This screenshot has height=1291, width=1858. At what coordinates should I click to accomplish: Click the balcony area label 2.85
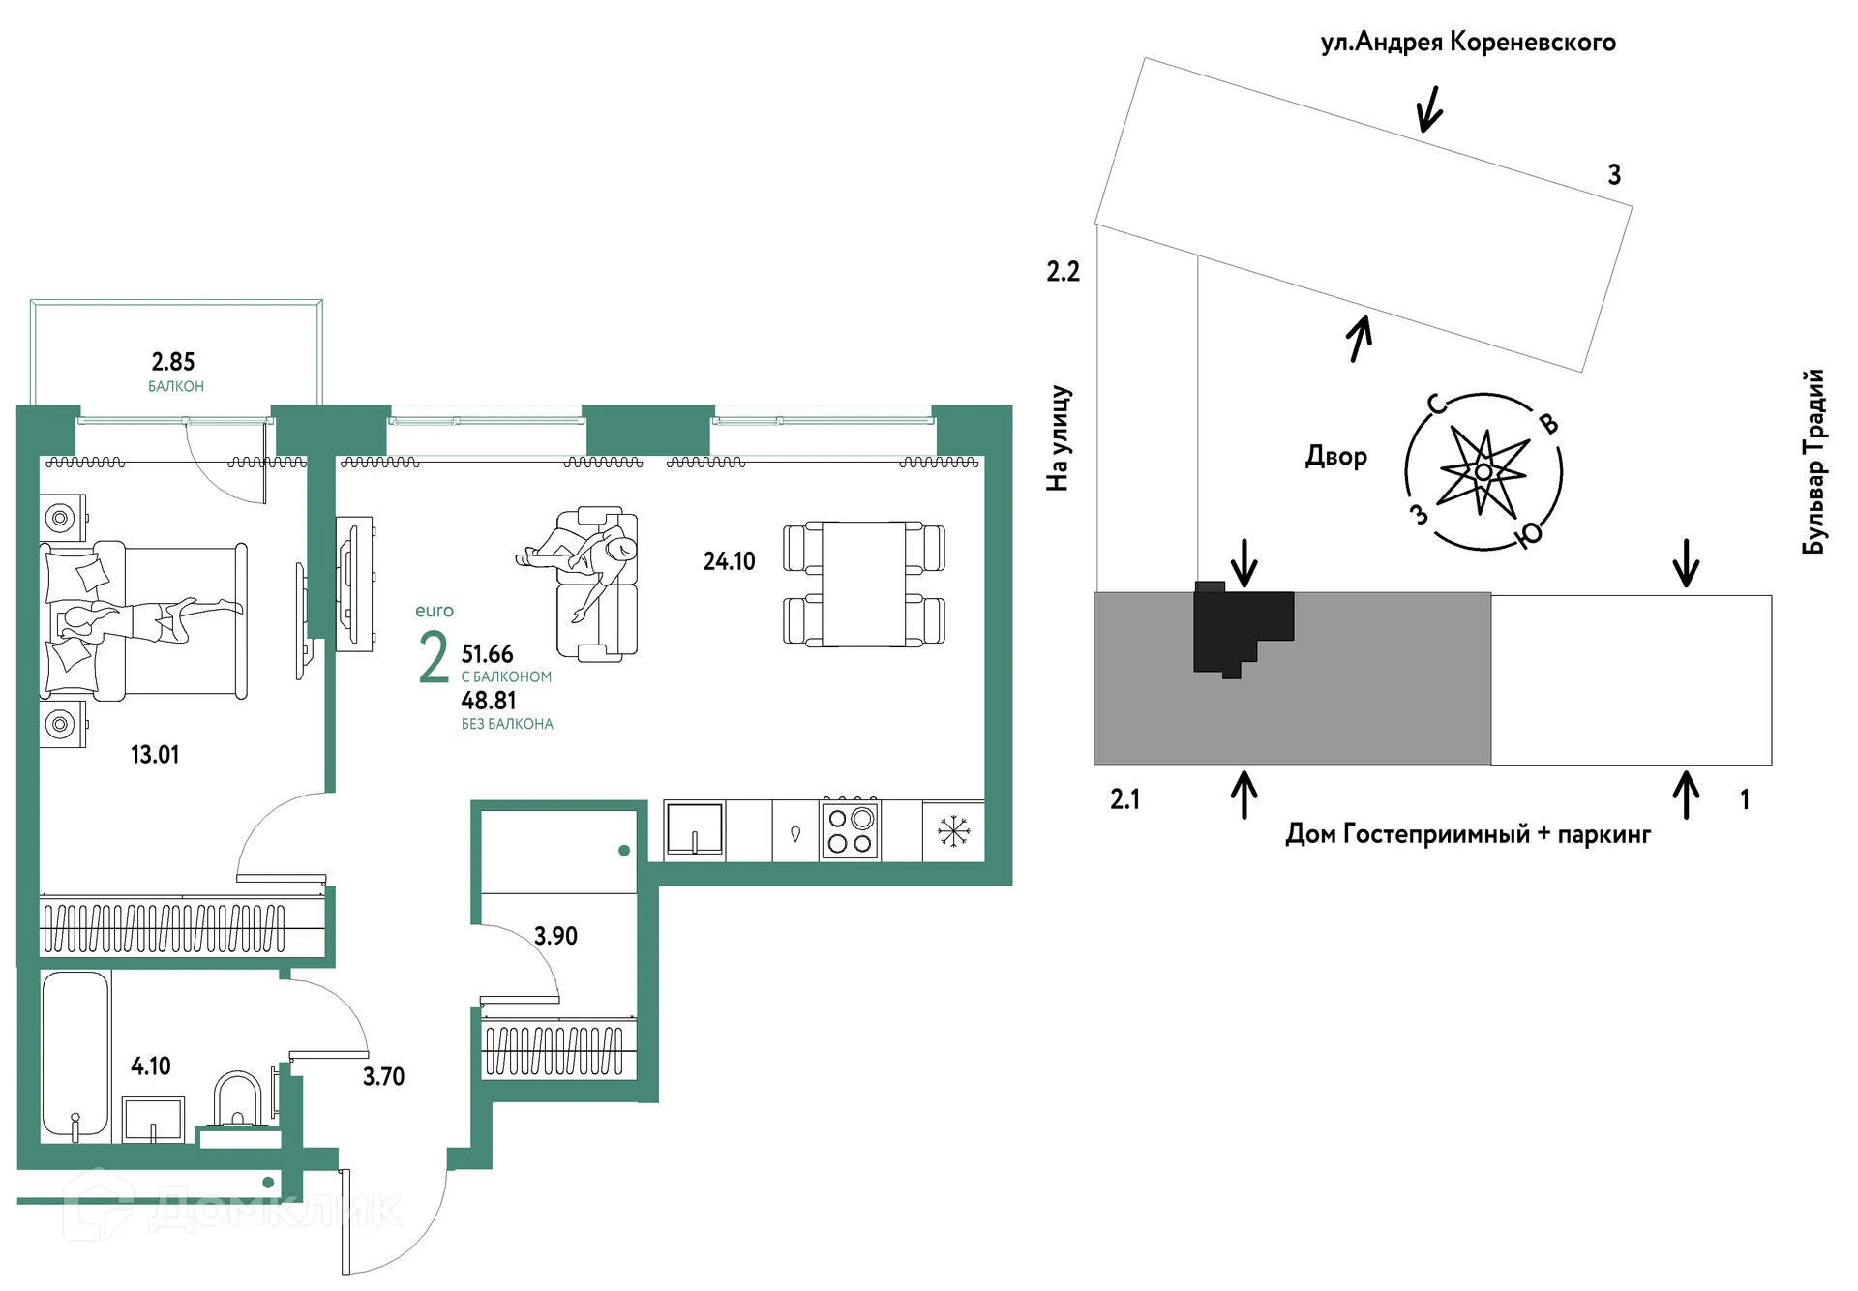point(173,362)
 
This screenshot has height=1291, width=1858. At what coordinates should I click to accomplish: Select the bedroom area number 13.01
point(155,755)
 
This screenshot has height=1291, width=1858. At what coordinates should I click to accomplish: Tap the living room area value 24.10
point(729,561)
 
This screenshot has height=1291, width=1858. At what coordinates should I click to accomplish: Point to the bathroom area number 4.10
point(151,1066)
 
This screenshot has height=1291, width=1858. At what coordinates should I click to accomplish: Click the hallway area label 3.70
point(383,1076)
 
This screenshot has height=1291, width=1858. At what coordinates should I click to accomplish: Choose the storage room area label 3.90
point(555,936)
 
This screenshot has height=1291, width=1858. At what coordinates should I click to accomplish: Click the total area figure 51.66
point(487,654)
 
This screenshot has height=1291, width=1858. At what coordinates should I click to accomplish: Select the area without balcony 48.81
point(489,701)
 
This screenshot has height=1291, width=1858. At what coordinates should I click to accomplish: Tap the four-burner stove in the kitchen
point(851,830)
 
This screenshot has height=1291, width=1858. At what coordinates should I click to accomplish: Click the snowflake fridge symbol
point(953,830)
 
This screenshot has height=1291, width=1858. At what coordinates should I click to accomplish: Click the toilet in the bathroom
point(237,1098)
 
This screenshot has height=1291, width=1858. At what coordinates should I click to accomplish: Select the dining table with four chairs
point(864,584)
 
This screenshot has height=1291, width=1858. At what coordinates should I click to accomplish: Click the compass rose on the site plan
point(1483,472)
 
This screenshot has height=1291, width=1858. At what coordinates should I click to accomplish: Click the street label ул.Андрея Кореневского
point(1468,43)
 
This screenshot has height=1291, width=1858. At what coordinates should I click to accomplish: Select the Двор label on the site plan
point(1336,456)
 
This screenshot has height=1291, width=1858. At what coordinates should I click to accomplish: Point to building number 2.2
point(1063,272)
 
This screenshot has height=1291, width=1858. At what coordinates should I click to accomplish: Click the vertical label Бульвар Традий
point(1814,462)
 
